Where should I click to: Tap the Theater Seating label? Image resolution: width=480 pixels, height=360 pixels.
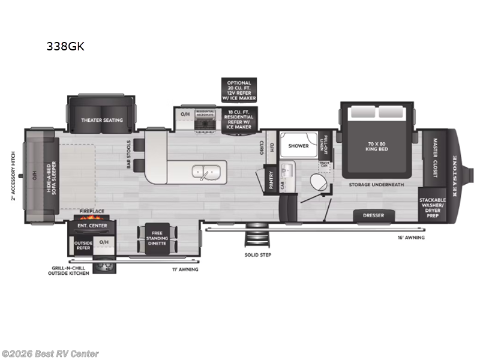(x=102, y=120)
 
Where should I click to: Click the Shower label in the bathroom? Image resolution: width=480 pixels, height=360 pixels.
(x=298, y=146)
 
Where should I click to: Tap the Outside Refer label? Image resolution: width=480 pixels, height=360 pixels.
(x=82, y=245)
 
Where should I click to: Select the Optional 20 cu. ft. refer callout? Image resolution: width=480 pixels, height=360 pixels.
(x=239, y=90)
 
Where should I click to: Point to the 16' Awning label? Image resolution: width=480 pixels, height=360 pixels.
(x=411, y=238)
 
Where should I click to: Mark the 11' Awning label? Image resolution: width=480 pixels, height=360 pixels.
(x=185, y=269)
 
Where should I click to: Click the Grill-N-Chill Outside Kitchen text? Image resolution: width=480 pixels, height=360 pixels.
(x=69, y=271)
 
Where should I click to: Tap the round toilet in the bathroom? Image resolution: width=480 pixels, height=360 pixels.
(x=316, y=182)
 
